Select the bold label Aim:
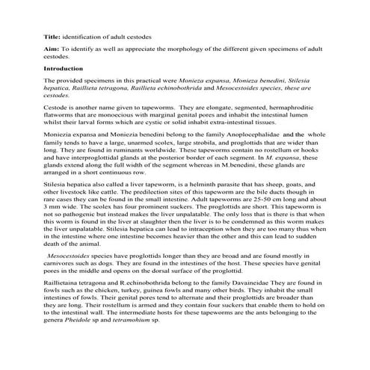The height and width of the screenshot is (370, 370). [x=50, y=48]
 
